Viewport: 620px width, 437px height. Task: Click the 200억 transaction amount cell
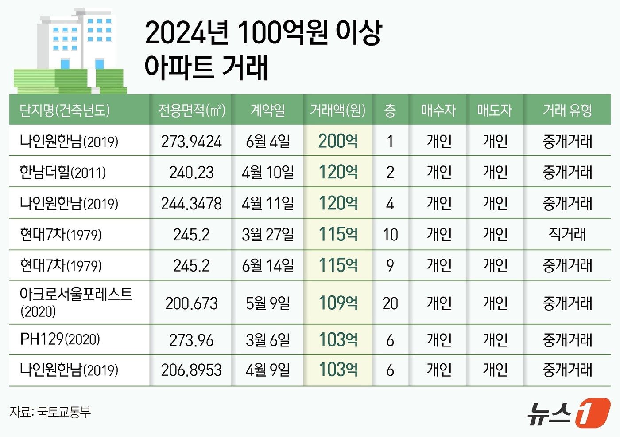tap(338, 141)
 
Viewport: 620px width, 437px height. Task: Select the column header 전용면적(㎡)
tap(192, 110)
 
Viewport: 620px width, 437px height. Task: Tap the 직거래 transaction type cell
tap(567, 234)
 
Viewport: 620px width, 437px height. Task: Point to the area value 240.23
tap(191, 173)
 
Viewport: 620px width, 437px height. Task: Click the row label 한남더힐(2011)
tap(63, 172)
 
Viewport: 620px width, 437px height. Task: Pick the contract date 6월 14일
tap(268, 265)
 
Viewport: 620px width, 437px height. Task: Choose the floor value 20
tap(390, 303)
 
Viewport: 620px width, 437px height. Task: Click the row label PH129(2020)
tap(60, 339)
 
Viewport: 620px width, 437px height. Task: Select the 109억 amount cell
tap(338, 303)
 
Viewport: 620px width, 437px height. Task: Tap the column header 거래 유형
tap(567, 110)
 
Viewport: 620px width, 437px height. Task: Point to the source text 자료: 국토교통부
tap(50, 412)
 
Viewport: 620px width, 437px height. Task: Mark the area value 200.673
tap(191, 303)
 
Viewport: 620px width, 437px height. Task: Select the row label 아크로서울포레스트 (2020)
tap(76, 302)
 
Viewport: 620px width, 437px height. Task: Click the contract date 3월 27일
tap(268, 234)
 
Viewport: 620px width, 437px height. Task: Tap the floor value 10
tap(390, 234)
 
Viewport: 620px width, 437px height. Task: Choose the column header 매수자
tap(438, 110)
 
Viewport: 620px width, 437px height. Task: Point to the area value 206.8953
tap(191, 370)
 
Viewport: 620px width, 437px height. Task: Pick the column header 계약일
tap(268, 110)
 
